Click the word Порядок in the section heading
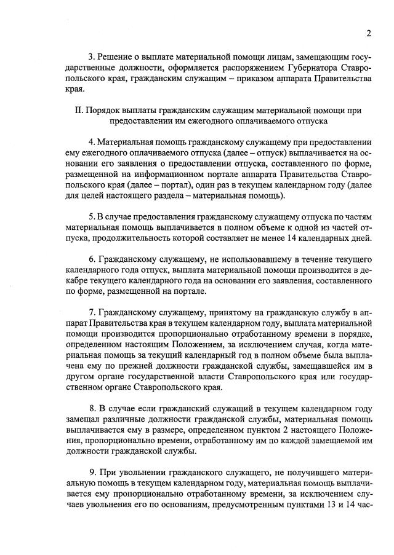pos(104,111)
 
